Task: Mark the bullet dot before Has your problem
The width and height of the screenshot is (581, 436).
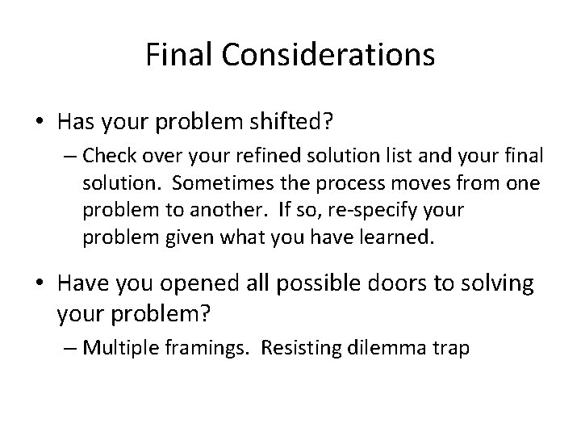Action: pyautogui.click(x=40, y=120)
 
